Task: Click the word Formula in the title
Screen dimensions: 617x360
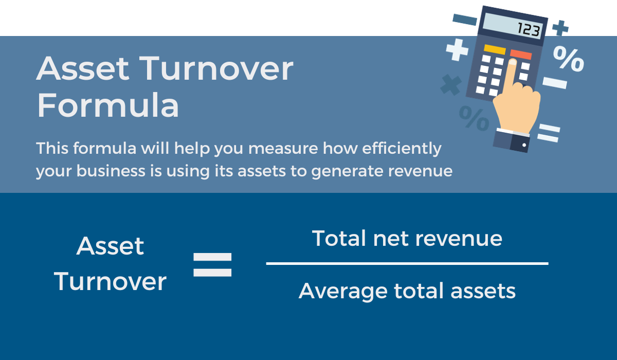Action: (x=108, y=105)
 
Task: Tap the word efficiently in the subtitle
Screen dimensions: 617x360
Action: (x=402, y=149)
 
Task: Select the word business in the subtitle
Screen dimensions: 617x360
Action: (x=111, y=171)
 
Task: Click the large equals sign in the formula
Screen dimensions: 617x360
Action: (x=212, y=265)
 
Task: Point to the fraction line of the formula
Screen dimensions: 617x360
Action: (x=407, y=264)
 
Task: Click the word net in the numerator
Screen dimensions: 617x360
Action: (x=391, y=239)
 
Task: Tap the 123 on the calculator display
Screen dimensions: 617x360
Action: (x=529, y=29)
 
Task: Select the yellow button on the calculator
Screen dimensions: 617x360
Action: (x=495, y=49)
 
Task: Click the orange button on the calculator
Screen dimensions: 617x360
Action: (x=520, y=55)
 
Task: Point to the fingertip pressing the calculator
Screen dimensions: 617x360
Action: (x=513, y=62)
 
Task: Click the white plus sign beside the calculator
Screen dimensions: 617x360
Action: (x=457, y=50)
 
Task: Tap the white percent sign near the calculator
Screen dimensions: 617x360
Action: (x=569, y=59)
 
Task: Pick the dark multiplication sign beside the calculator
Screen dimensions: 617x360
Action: (x=451, y=85)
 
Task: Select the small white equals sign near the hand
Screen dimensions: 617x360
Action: (x=549, y=133)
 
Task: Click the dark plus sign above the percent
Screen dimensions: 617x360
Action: (x=560, y=28)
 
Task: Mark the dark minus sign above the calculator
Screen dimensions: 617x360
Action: (x=465, y=20)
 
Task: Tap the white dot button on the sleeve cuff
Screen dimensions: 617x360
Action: (x=524, y=145)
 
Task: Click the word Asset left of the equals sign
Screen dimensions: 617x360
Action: (x=110, y=246)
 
